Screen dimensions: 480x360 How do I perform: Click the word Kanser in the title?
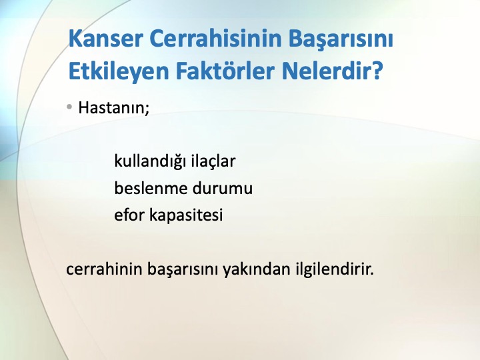[x=105, y=39]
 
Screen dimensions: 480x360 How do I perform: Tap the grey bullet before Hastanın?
[x=69, y=107]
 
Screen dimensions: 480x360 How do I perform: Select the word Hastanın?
[x=111, y=107]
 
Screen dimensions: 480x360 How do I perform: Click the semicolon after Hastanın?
[x=147, y=109]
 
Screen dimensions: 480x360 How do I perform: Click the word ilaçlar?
[x=213, y=161]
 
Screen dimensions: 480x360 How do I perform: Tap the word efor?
[x=129, y=215]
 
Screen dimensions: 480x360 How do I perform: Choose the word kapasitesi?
[x=186, y=215]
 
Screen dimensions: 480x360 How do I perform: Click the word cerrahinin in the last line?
[x=105, y=269]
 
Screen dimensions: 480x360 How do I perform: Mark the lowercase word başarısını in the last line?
[x=183, y=269]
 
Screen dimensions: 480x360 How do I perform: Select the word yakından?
[x=256, y=269]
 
